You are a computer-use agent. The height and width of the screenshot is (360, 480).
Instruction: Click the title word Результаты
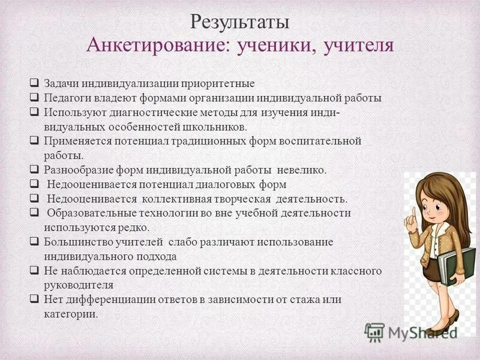click(240, 22)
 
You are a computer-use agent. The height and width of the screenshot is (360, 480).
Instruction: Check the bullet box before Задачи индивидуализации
click(34, 83)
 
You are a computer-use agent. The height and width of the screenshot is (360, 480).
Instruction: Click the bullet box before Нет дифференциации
click(34, 299)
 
